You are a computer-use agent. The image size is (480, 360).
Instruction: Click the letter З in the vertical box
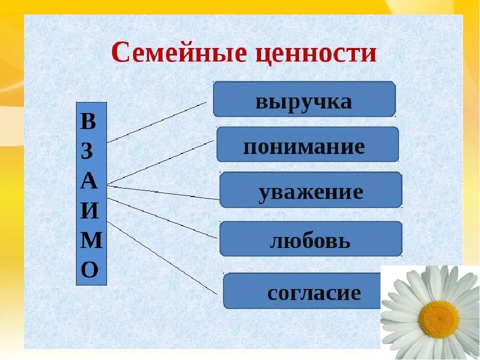[x=87, y=151]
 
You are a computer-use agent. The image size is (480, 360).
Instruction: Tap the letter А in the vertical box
[x=88, y=181]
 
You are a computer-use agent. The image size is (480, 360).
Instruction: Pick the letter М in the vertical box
[x=90, y=240]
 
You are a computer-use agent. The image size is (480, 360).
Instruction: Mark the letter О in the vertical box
[x=89, y=270]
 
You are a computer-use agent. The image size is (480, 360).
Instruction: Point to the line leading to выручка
[x=156, y=122]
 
